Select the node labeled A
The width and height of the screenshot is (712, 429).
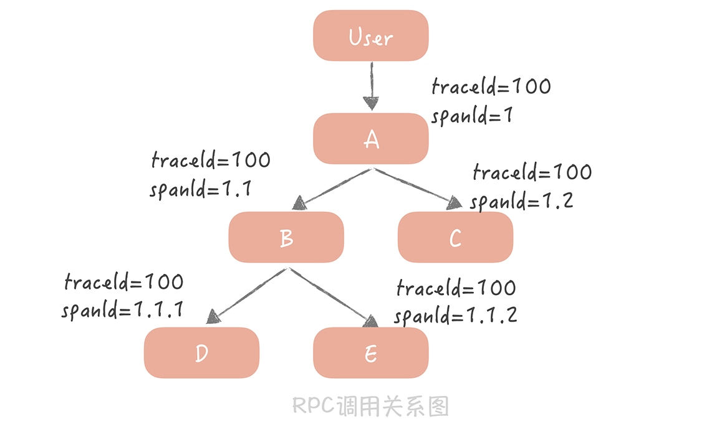(x=370, y=138)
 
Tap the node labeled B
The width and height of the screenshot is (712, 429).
(x=286, y=237)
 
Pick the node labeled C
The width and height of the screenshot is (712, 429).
(x=455, y=237)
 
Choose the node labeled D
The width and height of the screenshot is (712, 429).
(x=201, y=352)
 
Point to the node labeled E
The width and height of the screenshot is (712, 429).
(x=370, y=352)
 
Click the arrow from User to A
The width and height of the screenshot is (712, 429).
(x=372, y=84)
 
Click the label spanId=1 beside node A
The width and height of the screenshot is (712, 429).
(x=471, y=115)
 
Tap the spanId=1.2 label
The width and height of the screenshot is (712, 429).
(x=521, y=201)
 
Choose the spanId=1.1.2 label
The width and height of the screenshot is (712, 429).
(x=455, y=315)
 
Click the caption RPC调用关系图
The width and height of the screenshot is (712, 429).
(x=370, y=406)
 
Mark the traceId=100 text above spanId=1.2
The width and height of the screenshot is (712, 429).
(x=532, y=171)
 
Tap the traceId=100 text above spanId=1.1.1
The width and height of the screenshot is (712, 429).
(x=124, y=282)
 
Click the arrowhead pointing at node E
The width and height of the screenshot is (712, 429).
(x=371, y=321)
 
